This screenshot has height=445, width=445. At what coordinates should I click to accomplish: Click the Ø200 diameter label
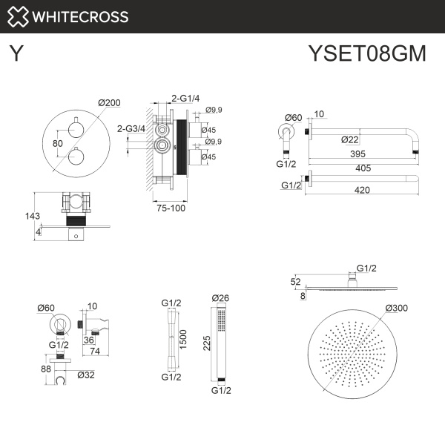pos(109,103)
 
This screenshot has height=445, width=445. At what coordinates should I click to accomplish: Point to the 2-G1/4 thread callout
pos(185,98)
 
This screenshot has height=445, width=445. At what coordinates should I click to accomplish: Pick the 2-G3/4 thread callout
pos(131,128)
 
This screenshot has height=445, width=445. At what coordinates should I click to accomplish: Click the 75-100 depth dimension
pos(171,208)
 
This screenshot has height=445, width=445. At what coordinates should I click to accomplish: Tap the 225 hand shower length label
pos(209,343)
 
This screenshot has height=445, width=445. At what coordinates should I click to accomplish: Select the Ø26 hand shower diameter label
pos(220,298)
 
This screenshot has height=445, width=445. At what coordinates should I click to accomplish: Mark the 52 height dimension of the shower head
pos(296,281)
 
